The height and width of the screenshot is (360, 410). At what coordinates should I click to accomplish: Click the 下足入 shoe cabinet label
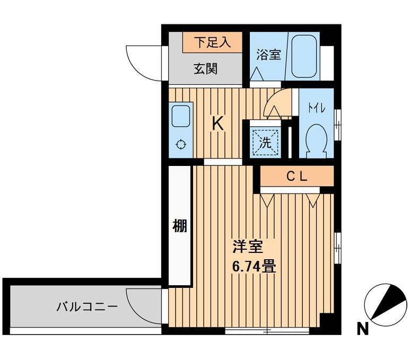point(212,42)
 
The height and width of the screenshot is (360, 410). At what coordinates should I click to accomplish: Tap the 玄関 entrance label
point(205,68)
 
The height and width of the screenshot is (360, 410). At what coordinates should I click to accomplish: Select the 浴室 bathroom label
point(268,55)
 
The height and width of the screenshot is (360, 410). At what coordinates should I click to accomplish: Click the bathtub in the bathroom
point(304,56)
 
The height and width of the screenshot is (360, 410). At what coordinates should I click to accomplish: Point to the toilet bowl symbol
point(318,139)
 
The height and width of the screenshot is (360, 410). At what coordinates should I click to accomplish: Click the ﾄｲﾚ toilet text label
point(317,108)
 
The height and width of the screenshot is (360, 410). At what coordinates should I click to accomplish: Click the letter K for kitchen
point(217,124)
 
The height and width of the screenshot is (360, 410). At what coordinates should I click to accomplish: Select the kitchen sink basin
point(181,116)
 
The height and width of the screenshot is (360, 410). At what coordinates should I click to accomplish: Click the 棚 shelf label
point(180,226)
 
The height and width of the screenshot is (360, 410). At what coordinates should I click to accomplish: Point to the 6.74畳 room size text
point(254,265)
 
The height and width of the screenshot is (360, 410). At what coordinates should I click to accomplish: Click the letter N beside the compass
point(362,329)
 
